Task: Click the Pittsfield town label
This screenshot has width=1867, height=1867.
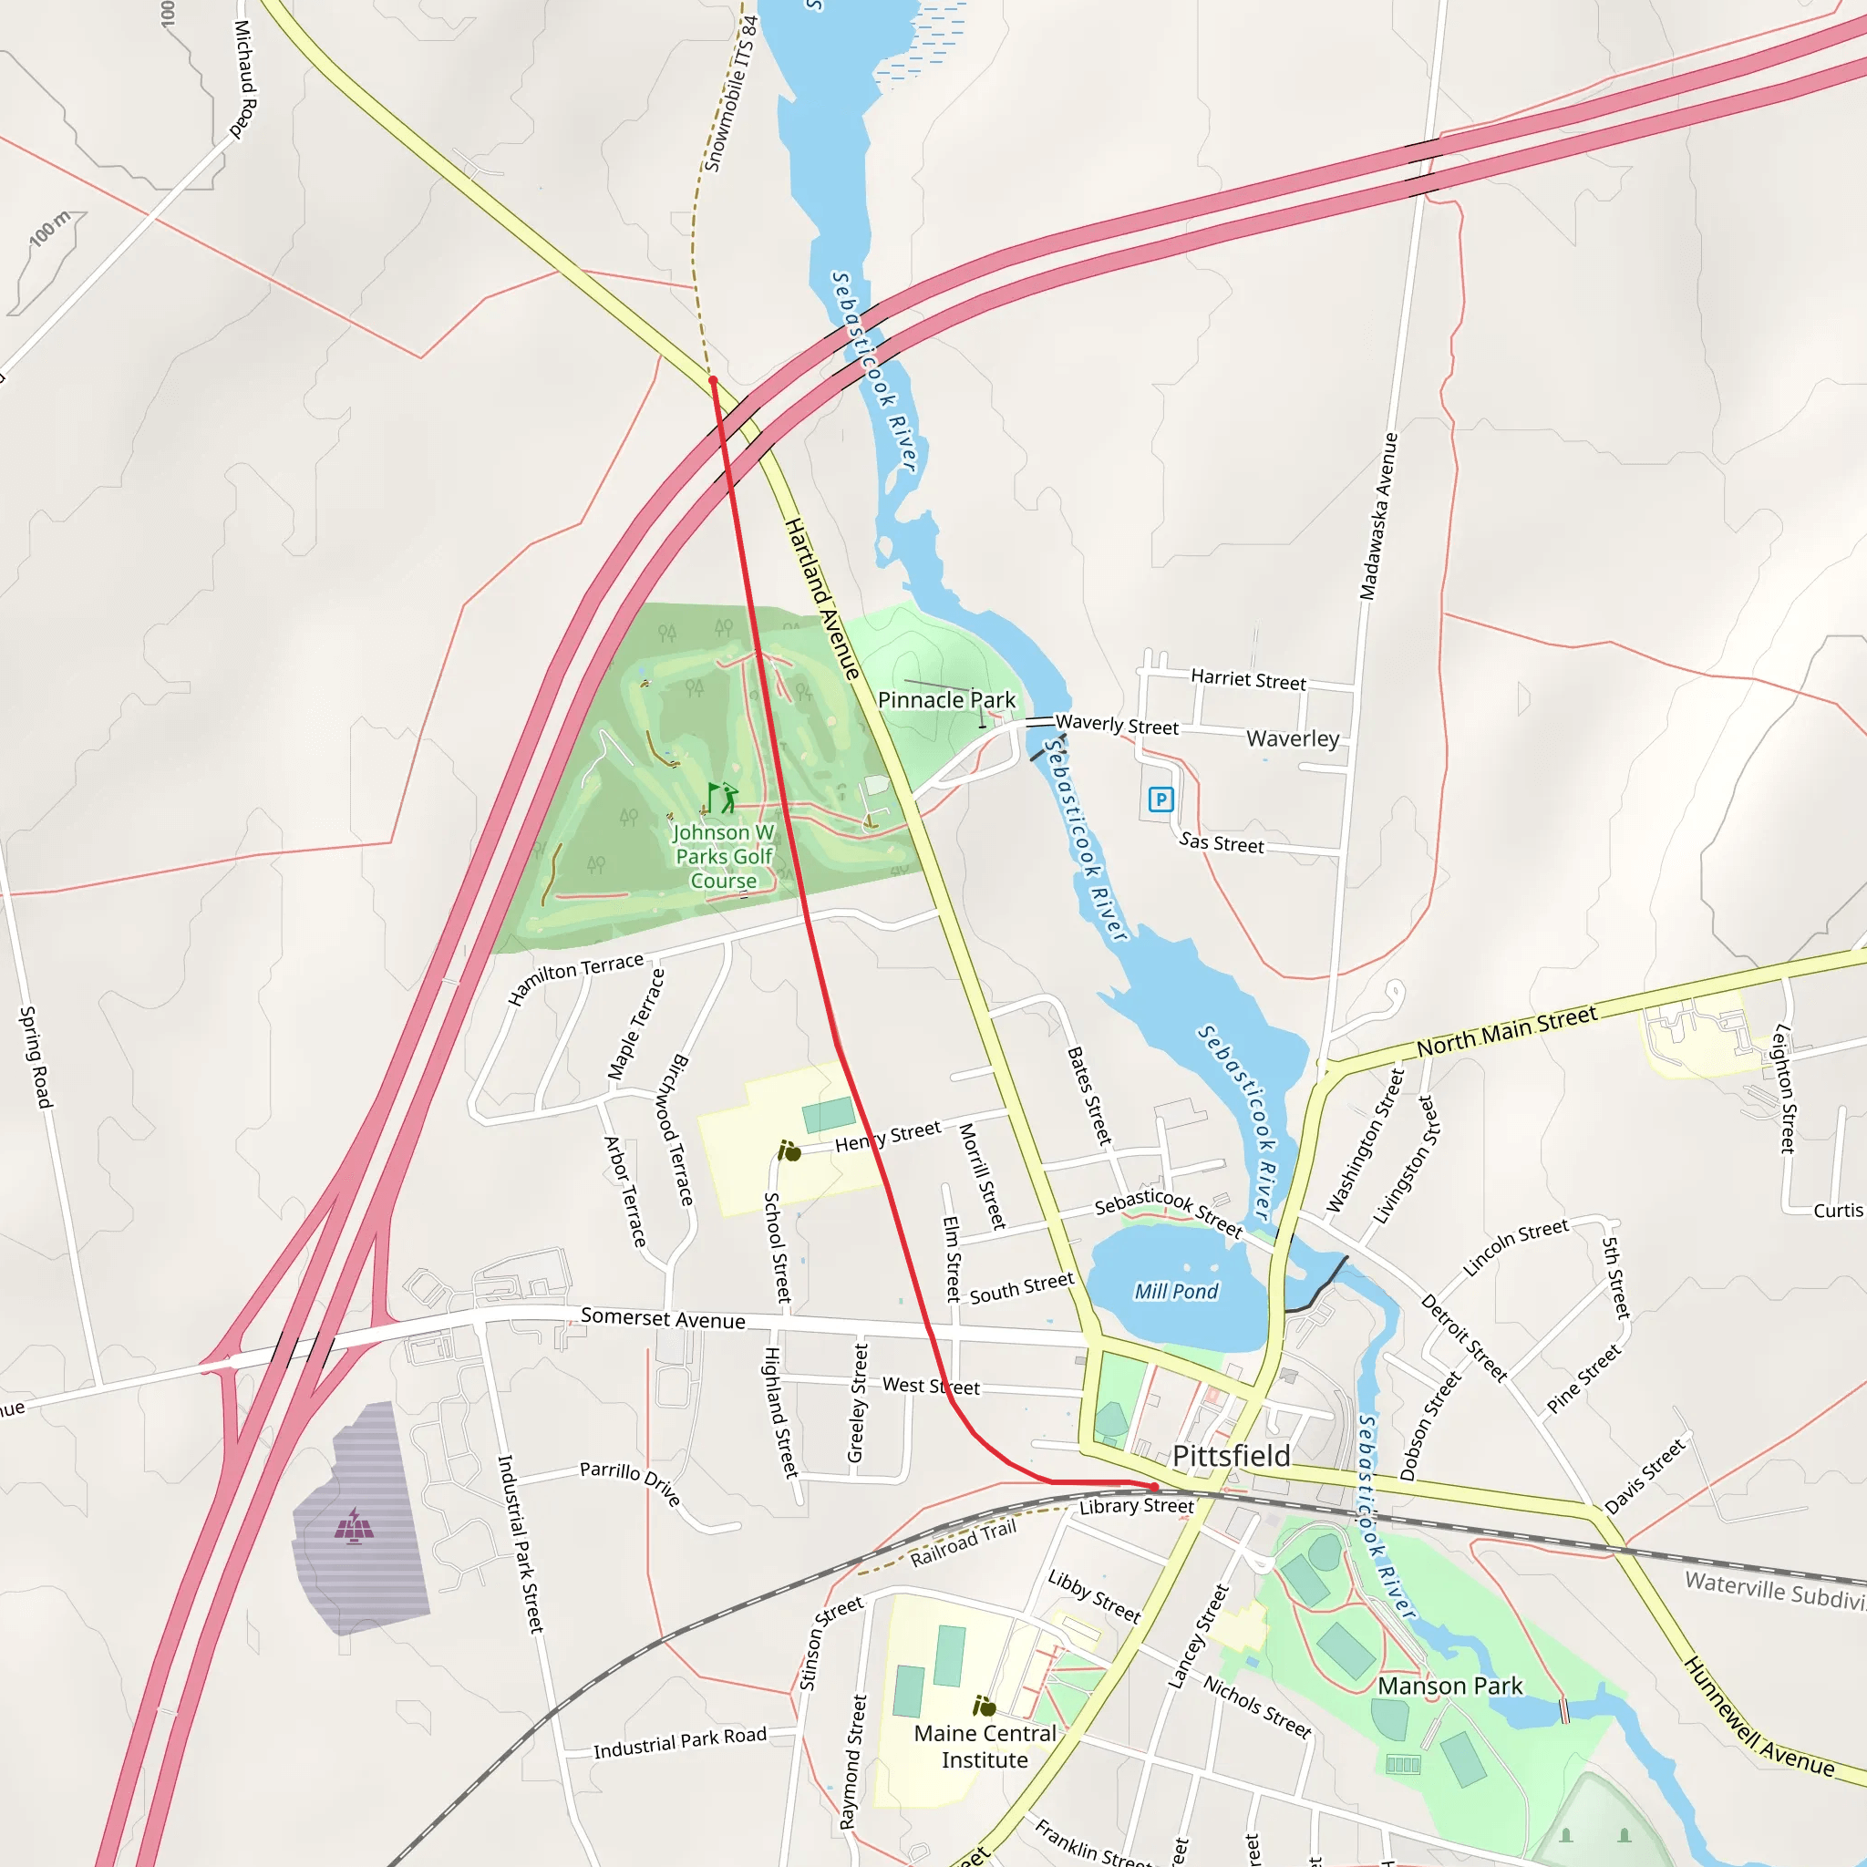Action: pyautogui.click(x=1230, y=1455)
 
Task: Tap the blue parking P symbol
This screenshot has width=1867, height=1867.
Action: pyautogui.click(x=1160, y=799)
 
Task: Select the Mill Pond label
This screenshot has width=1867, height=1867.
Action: pyautogui.click(x=1176, y=1291)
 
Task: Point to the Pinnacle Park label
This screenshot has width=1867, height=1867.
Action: pyautogui.click(x=946, y=699)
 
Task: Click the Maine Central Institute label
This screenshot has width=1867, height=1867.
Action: pyautogui.click(x=985, y=1746)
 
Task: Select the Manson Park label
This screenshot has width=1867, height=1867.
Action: pyautogui.click(x=1449, y=1686)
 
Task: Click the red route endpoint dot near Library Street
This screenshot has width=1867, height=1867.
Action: pyautogui.click(x=1155, y=1487)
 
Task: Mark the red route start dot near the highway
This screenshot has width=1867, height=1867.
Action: pyautogui.click(x=713, y=381)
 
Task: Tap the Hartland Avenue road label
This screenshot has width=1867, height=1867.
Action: pyautogui.click(x=821, y=598)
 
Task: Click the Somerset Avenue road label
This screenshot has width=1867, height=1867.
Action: pyautogui.click(x=663, y=1318)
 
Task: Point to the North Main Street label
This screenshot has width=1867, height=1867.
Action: pyautogui.click(x=1507, y=1032)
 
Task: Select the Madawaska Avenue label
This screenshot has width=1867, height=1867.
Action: pyautogui.click(x=1379, y=516)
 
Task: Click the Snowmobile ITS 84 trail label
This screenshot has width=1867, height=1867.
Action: pyautogui.click(x=731, y=94)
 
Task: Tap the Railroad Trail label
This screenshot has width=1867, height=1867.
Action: pyautogui.click(x=964, y=1543)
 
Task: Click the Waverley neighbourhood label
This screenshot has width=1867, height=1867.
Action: pyautogui.click(x=1292, y=738)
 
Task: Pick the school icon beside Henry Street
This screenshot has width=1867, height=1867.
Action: pyautogui.click(x=789, y=1151)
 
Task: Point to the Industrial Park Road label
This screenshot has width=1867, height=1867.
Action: pyautogui.click(x=679, y=1742)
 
